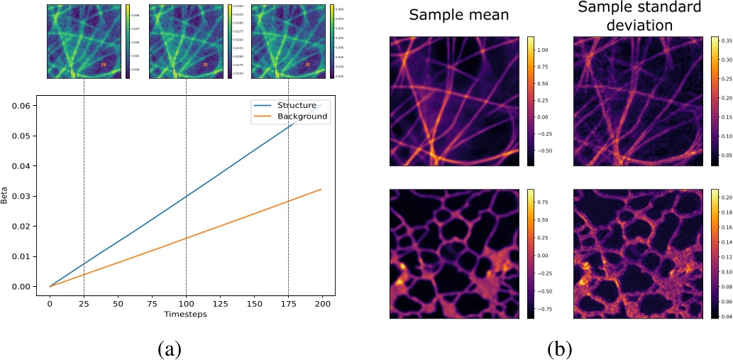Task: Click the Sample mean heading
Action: click(x=458, y=14)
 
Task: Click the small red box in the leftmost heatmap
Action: click(x=104, y=65)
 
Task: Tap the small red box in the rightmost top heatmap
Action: click(x=308, y=65)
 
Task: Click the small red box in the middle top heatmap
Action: click(x=206, y=65)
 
